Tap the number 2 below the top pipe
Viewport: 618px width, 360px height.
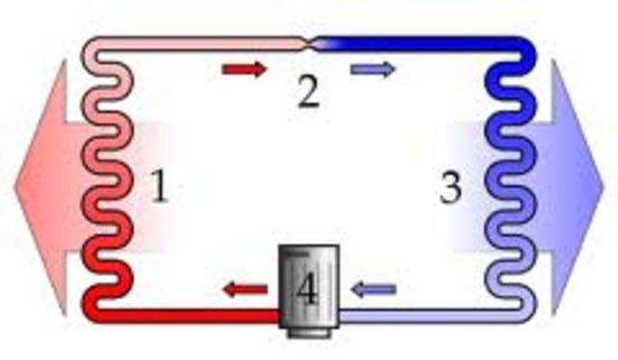[x=307, y=93]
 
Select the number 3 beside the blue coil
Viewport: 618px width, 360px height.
[x=450, y=188]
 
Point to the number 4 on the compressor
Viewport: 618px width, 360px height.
[x=306, y=290]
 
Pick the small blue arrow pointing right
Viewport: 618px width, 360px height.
[x=373, y=69]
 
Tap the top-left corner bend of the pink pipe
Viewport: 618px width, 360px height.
[x=93, y=47]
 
